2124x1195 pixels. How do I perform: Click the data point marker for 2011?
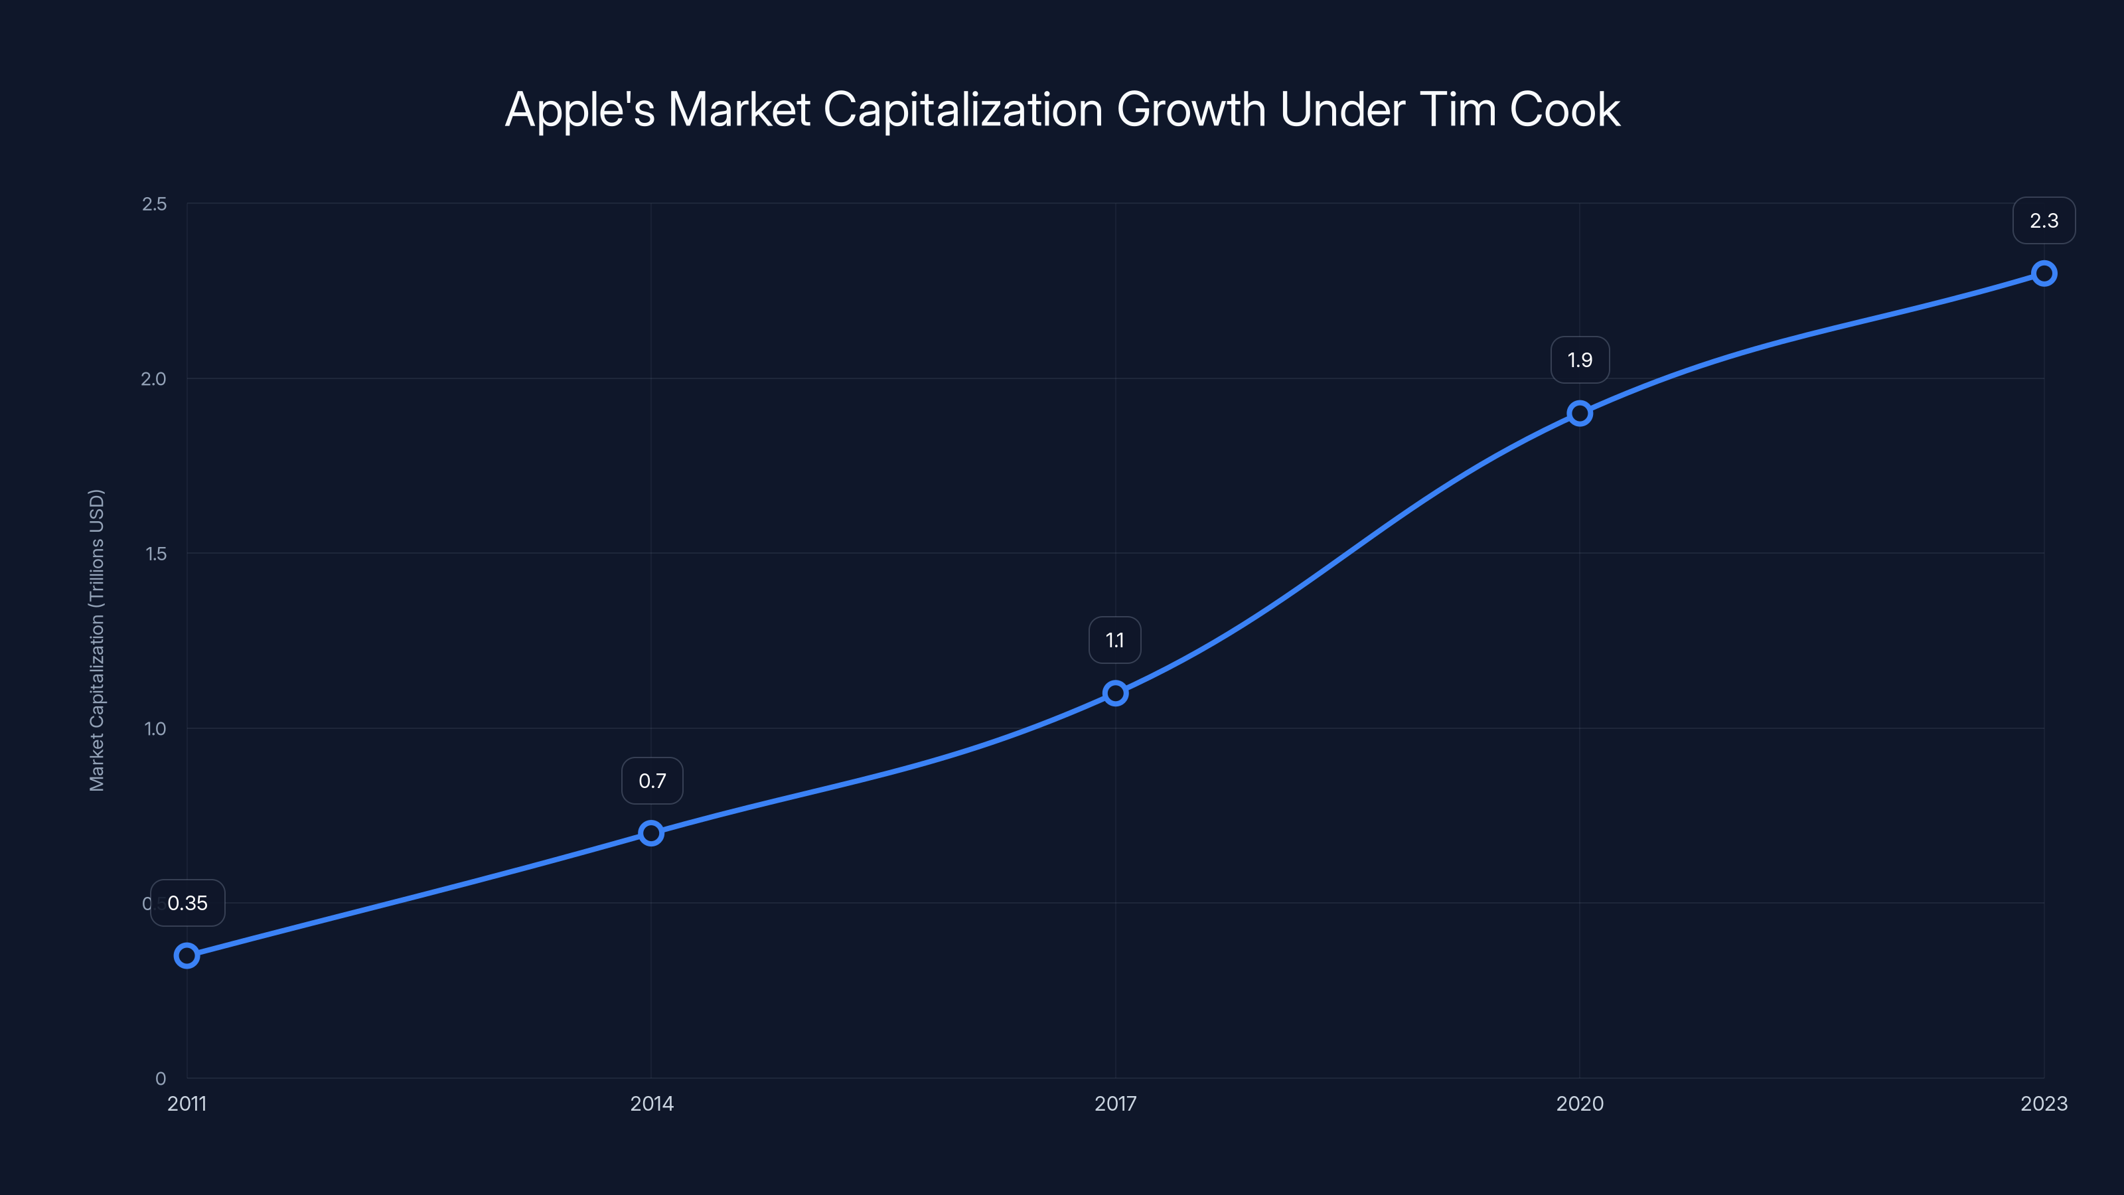click(x=187, y=956)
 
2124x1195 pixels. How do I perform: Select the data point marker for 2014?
click(x=651, y=833)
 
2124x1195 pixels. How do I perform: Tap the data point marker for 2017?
click(x=1116, y=692)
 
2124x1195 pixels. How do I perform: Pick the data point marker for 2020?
click(x=1580, y=413)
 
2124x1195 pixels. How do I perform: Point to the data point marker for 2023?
click(x=2044, y=273)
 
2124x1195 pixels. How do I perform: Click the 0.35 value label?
click(x=187, y=903)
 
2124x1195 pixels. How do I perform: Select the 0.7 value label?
click(x=652, y=781)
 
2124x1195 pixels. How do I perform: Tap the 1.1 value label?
click(x=1115, y=640)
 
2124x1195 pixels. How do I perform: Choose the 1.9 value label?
click(x=1580, y=360)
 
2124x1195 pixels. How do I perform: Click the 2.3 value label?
click(x=2044, y=220)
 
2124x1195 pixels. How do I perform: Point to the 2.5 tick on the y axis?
click(x=154, y=204)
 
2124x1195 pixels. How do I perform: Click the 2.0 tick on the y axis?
click(x=153, y=378)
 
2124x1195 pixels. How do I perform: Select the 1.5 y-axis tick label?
click(x=156, y=554)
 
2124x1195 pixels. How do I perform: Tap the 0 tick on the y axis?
click(x=161, y=1079)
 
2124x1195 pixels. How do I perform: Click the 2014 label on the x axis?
click(x=651, y=1103)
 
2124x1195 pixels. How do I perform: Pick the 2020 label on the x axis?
click(x=1580, y=1103)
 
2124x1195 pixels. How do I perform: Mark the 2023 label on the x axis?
click(x=2044, y=1103)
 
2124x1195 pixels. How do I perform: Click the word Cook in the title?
click(x=1564, y=110)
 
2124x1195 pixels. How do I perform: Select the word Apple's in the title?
click(x=579, y=110)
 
